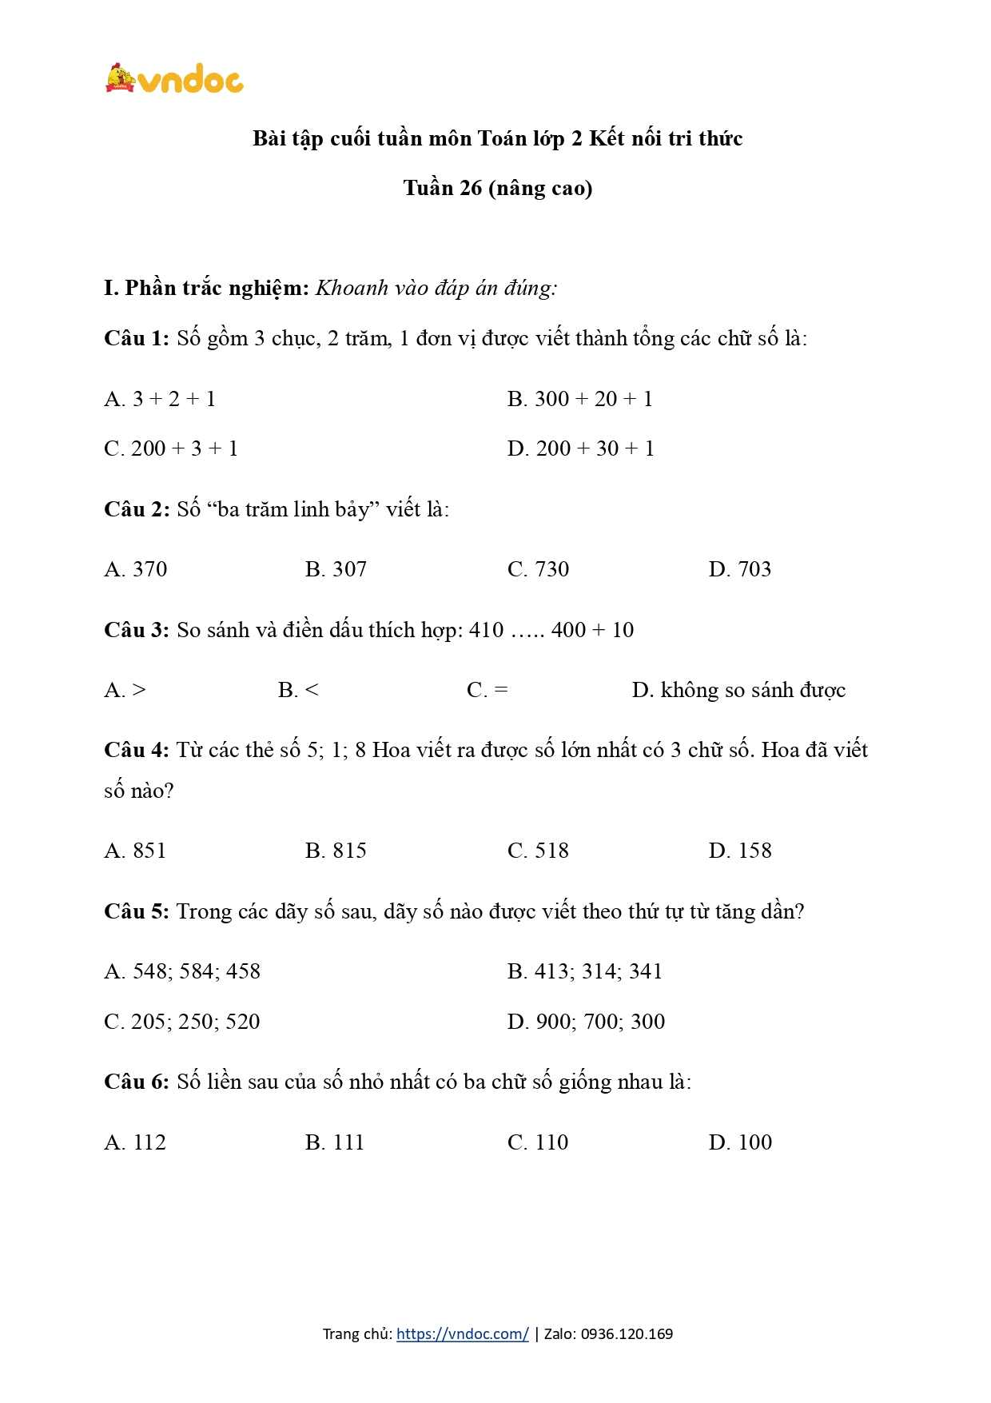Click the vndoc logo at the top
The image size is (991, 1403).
(174, 79)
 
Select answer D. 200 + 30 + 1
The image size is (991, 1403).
(580, 448)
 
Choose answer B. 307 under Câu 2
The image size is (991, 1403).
(336, 569)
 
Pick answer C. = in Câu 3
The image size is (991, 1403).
(487, 690)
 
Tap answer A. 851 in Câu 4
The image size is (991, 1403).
(135, 851)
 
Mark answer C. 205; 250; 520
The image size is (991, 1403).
(182, 1022)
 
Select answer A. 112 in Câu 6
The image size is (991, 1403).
(135, 1142)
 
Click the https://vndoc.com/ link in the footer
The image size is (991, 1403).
(462, 1333)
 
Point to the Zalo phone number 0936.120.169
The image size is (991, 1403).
(627, 1333)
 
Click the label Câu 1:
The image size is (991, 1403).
(136, 338)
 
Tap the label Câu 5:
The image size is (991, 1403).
(136, 911)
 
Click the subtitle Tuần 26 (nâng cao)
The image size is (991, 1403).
(497, 189)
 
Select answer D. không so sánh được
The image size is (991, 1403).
(738, 690)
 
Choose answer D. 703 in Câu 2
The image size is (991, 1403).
(739, 569)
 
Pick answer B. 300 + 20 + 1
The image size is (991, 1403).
(579, 399)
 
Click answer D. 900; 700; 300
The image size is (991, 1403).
(586, 1022)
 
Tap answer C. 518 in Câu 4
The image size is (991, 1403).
(538, 851)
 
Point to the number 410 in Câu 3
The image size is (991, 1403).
(486, 630)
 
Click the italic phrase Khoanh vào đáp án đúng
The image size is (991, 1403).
(436, 288)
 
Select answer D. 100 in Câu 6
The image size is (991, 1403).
(740, 1142)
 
